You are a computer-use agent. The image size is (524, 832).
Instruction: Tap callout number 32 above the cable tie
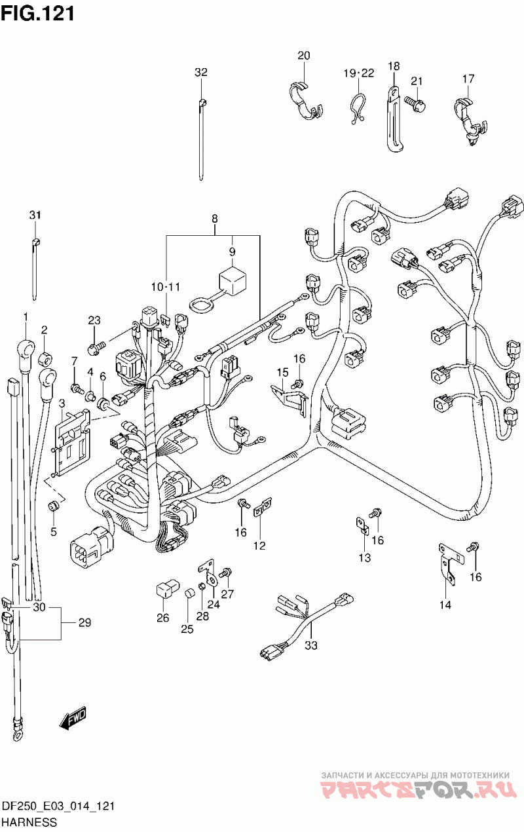coord(201,73)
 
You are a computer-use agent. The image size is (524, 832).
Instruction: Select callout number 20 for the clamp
coord(303,56)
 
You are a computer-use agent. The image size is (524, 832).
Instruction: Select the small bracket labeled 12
coord(263,507)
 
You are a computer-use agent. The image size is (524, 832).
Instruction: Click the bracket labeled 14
coord(451,565)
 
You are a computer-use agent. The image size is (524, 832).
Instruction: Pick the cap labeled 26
coord(167,589)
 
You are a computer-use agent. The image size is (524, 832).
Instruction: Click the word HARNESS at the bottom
coord(29,822)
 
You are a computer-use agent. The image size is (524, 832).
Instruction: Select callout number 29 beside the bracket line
coord(84,622)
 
